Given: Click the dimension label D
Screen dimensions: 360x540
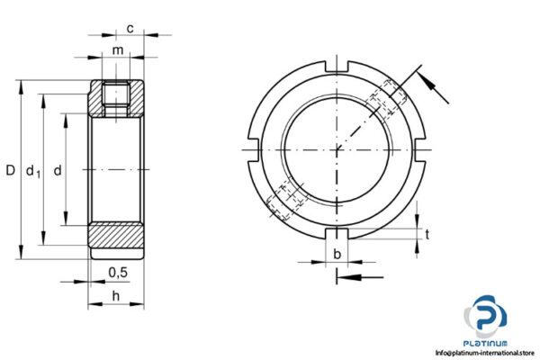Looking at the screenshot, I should pos(10,169).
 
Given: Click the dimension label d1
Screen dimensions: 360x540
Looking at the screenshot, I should pos(32,170).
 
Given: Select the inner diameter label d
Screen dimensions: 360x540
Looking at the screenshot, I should pos(58,169).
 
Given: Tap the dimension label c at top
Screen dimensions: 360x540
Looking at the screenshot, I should pos(130,29).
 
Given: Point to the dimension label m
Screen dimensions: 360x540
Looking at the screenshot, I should pos(118,49).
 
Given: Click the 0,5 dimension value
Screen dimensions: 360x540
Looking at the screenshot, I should pos(117,273).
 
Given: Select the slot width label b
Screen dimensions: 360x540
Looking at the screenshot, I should pos(337,254).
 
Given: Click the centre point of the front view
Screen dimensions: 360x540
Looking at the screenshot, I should pos(337,148).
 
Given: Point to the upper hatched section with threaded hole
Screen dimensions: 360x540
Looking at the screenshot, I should pos(117,99).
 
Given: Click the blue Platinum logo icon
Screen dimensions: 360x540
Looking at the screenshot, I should pos(486,315).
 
